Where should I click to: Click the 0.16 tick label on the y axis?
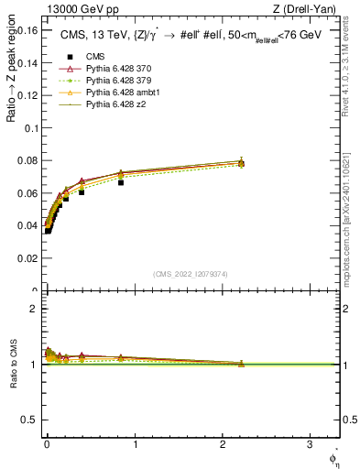[27, 30]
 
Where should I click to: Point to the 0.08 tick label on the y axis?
[27, 161]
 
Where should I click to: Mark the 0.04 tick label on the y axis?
[27, 226]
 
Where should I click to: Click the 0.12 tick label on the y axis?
[27, 95]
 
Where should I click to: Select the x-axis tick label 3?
[310, 446]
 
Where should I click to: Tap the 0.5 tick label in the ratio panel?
[30, 420]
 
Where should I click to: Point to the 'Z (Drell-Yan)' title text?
[310, 8]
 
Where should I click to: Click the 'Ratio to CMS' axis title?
[14, 365]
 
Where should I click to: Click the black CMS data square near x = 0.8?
[120, 182]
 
